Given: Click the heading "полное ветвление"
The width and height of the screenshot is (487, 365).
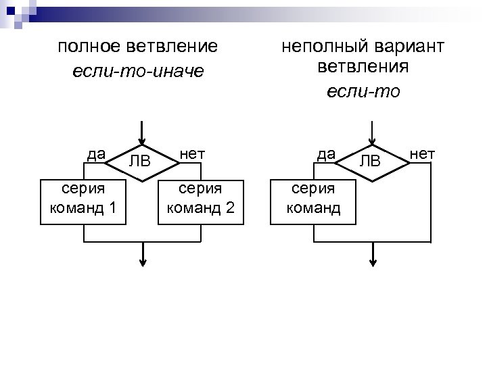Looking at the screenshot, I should coord(138,47).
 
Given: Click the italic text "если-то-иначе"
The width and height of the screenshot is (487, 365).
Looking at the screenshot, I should coord(138,70).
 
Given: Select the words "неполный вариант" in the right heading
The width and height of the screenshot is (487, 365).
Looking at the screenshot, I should coord(363,47).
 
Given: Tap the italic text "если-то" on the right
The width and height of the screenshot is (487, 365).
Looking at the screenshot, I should coord(363,91).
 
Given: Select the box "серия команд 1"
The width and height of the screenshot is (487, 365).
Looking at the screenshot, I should coord(83,201).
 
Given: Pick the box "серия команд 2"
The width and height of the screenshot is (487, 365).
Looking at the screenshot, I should coord(202,201).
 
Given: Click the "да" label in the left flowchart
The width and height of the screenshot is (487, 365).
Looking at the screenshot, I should coord(96,153).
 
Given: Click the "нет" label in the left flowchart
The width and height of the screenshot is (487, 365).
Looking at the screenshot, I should coord(192,153).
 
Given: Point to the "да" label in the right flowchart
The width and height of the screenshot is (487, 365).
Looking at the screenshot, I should coord(327,153).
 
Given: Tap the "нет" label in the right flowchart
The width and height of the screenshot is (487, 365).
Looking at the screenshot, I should coord(423,153).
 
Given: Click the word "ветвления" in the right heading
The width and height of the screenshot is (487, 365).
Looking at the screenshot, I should coord(363,68).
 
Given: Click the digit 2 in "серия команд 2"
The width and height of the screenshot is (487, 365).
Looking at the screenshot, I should coord(230,208).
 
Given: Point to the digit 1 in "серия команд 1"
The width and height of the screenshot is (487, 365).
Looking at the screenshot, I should coord(112,208).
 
